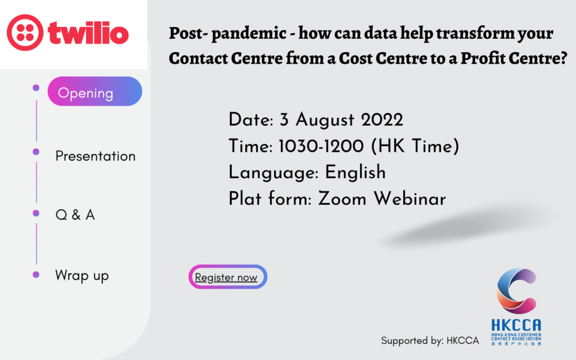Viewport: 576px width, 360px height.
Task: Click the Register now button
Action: coord(228,277)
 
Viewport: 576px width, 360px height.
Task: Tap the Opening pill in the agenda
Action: coord(94,92)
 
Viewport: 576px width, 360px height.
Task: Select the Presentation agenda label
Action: coord(96,156)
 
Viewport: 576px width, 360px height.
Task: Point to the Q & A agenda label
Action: coord(75,215)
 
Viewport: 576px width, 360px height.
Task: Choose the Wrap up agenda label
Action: coord(82,276)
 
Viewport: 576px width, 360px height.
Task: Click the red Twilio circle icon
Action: coord(25,32)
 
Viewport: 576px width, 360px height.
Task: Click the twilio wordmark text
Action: coord(88,33)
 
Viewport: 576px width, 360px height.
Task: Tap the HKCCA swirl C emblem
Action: coord(516,291)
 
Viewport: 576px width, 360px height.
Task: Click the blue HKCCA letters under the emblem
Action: coord(516,325)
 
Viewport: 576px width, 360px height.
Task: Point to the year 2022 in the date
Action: coord(382,120)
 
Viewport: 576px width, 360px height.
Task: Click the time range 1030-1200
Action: coord(321,146)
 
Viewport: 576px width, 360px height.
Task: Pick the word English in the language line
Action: coord(355,172)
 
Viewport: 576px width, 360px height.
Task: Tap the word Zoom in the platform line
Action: coord(342,199)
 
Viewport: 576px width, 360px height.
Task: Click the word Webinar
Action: coord(410,199)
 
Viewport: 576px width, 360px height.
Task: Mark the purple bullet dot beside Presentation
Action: coord(36,152)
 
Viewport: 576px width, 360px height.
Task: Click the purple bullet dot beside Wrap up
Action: coord(36,274)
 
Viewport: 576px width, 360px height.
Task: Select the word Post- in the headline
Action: coord(188,33)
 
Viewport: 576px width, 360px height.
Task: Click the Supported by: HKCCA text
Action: coord(430,341)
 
